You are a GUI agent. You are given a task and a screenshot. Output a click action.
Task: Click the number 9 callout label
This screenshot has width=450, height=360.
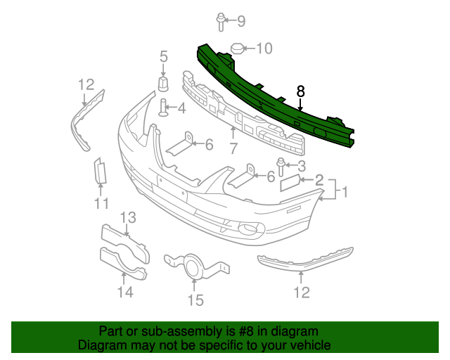[x=241, y=21]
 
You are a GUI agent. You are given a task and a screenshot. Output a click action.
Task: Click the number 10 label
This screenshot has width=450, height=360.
[x=264, y=49]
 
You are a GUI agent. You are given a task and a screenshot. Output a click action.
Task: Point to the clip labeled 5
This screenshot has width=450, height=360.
[x=163, y=84]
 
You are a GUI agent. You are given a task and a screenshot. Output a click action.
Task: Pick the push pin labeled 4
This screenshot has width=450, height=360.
[x=164, y=108]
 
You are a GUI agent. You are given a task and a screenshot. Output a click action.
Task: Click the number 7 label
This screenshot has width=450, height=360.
[x=233, y=148]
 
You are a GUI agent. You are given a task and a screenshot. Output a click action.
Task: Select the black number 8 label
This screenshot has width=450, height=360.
[x=301, y=91]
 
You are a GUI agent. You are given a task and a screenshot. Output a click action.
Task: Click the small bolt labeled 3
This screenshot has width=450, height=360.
[x=281, y=166]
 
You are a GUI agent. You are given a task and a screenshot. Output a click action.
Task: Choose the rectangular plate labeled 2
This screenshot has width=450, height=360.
[x=290, y=184]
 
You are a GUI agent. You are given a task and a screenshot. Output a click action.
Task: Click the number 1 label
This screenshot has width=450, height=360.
[x=345, y=190]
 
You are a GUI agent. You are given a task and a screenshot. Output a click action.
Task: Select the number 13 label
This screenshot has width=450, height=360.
[x=126, y=291]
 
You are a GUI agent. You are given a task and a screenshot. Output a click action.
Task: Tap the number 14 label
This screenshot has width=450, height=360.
[x=195, y=301]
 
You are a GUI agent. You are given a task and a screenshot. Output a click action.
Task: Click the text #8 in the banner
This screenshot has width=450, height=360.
[x=238, y=331]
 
